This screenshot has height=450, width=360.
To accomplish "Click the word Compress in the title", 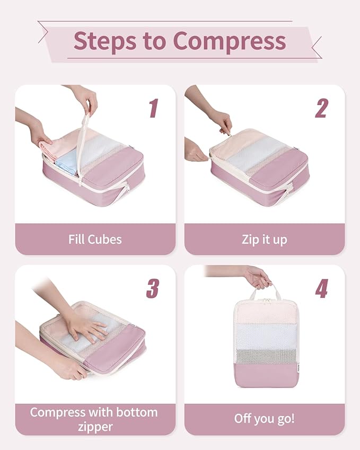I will click(x=229, y=41).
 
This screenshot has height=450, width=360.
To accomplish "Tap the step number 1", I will click(x=153, y=108).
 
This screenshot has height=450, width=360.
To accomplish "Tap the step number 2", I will click(x=321, y=108).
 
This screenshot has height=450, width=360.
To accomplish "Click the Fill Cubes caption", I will click(x=95, y=239).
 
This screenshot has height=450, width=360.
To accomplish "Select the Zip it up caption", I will click(x=264, y=239).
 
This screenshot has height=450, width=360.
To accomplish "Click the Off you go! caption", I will click(x=264, y=419).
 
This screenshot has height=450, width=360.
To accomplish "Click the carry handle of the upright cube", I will click(x=265, y=292).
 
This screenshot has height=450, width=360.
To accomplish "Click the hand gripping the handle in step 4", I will click(x=258, y=277).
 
